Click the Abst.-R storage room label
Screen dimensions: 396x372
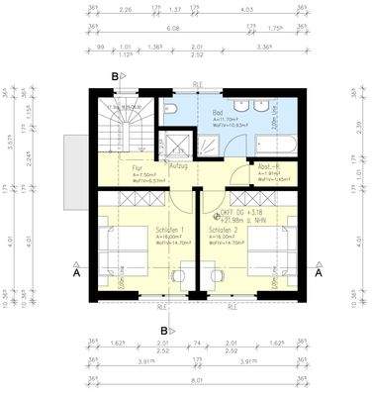click(269, 168)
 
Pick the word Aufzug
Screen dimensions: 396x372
click(179, 165)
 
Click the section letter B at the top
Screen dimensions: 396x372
click(116, 75)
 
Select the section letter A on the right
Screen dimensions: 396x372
click(319, 275)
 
